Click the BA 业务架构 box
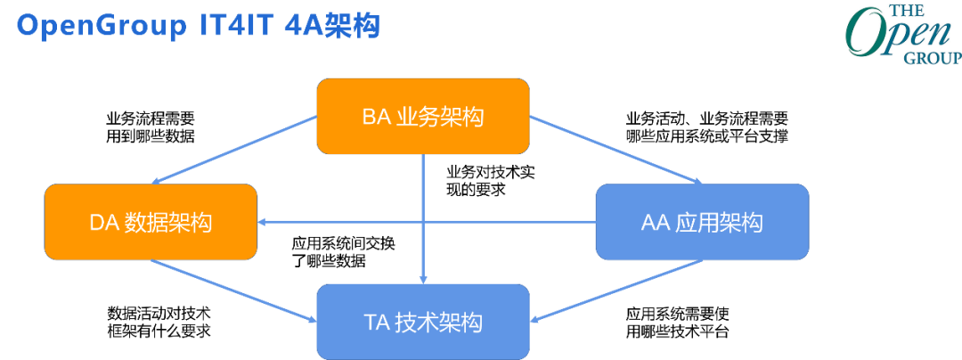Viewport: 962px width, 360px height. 422,116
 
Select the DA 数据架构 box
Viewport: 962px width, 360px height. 151,222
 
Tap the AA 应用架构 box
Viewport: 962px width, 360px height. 702,222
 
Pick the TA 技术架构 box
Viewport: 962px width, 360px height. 422,322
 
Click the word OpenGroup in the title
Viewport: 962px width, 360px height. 97,27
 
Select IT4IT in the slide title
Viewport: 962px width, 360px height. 232,27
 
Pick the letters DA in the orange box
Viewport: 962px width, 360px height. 104,223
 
